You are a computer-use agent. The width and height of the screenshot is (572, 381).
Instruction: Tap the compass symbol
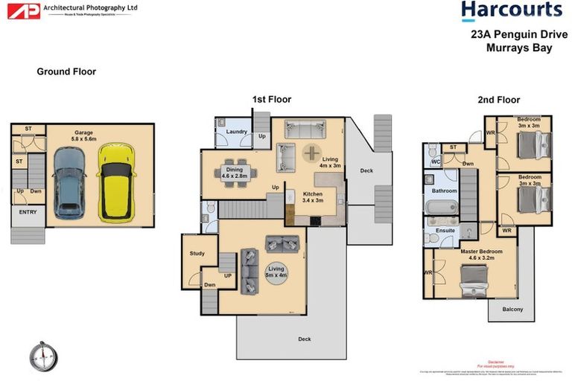click(x=43, y=356)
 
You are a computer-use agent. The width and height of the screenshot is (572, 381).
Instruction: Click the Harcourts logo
click(x=511, y=10)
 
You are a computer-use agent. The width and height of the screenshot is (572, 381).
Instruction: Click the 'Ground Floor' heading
click(x=66, y=72)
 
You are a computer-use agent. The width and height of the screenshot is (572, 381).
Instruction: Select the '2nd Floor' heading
click(x=499, y=100)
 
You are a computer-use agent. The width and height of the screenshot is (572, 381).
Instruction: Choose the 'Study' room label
click(x=197, y=254)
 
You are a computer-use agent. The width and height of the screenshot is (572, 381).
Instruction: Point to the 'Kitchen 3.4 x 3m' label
click(x=313, y=196)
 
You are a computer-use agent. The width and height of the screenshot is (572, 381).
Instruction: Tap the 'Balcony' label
click(x=512, y=309)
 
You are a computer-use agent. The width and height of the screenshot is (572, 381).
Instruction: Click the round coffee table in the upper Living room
click(x=311, y=153)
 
